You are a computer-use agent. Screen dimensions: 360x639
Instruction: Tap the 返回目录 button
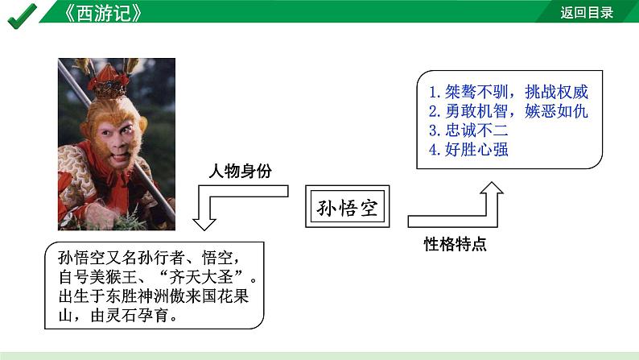[x=587, y=12]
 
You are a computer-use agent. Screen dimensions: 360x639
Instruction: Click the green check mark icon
[x=22, y=14]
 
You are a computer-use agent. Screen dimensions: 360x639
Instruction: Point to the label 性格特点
[x=456, y=244]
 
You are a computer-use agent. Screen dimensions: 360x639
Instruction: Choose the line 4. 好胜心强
[x=468, y=150]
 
